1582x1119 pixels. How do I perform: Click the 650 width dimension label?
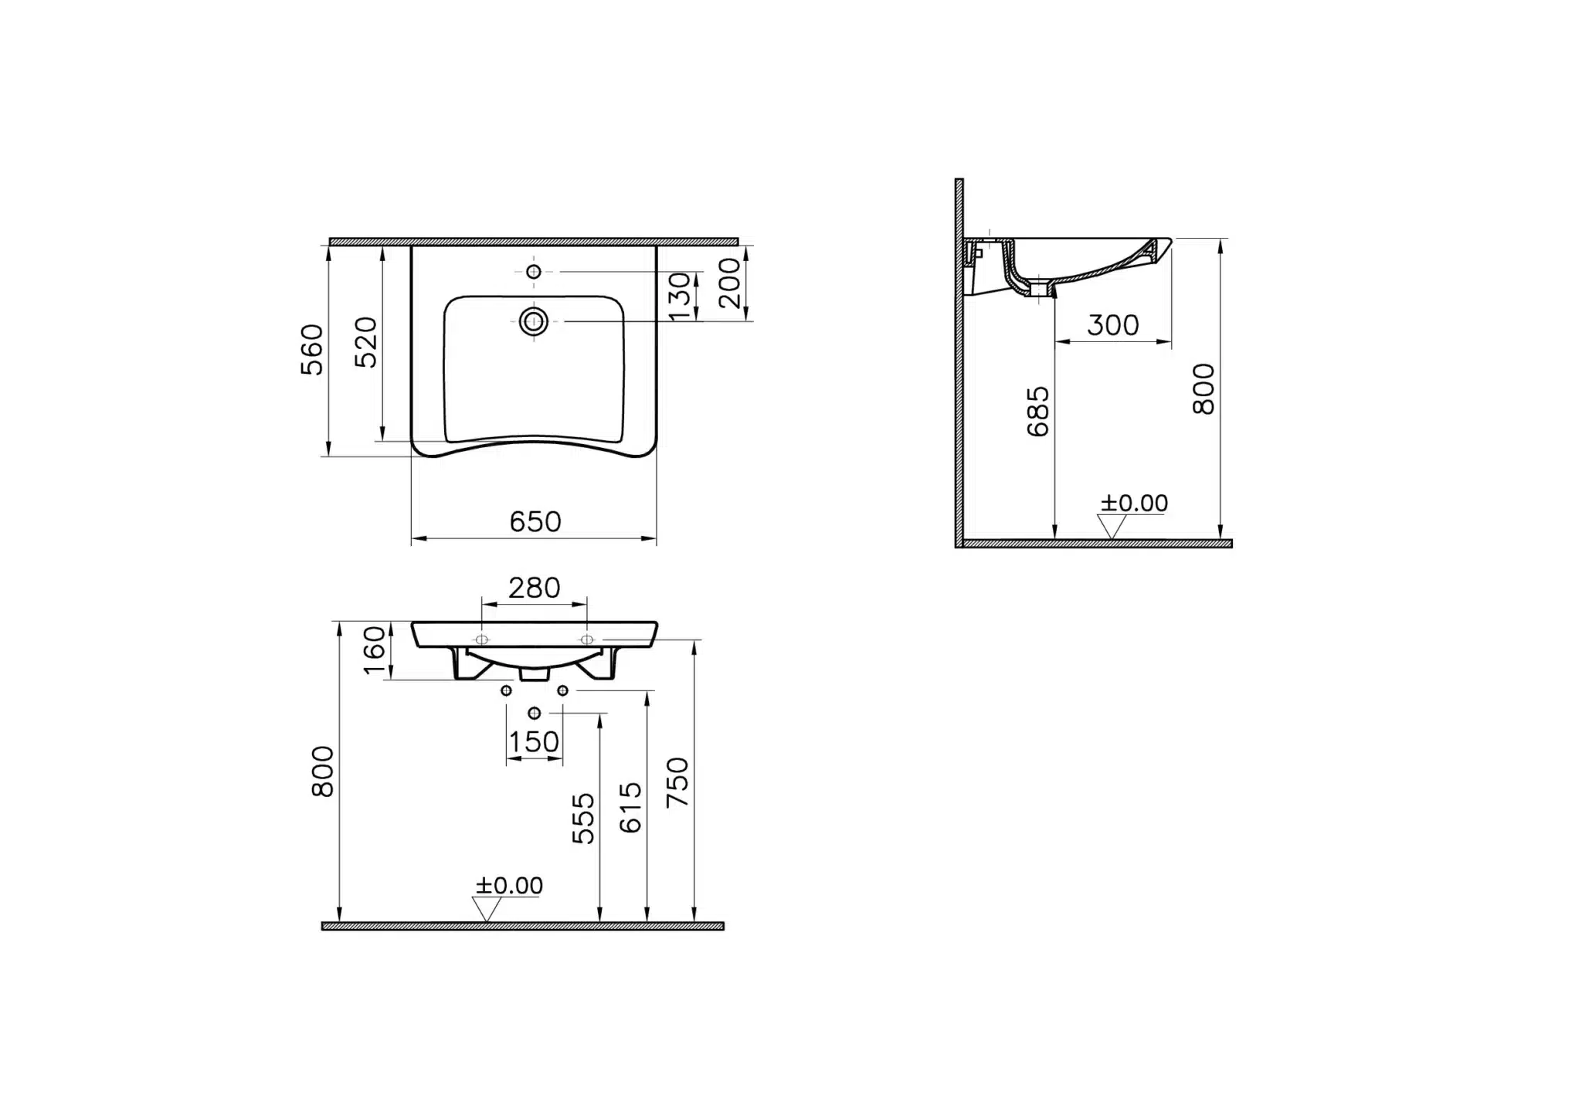(x=535, y=522)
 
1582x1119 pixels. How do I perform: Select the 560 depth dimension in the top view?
(x=312, y=350)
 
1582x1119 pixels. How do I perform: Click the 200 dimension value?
(x=730, y=283)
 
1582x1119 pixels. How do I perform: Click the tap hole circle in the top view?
(x=533, y=271)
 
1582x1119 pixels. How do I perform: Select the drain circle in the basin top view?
(x=534, y=320)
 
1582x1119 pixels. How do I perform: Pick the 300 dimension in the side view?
(x=1113, y=325)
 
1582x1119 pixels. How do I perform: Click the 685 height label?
(x=1039, y=412)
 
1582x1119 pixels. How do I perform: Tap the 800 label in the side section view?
(x=1203, y=389)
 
